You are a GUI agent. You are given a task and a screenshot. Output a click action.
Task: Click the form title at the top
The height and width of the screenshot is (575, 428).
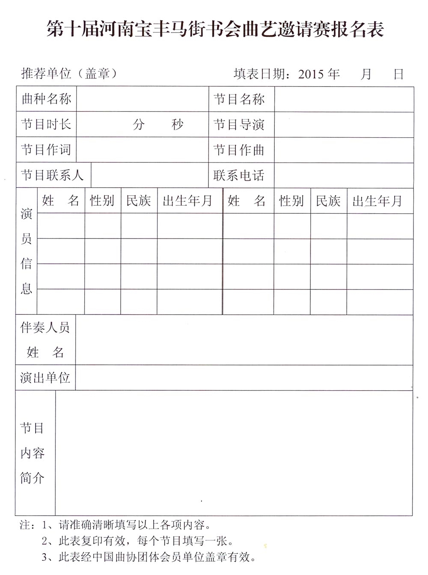(x=215, y=29)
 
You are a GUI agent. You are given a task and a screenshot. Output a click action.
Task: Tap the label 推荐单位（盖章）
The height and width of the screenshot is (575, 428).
(x=69, y=74)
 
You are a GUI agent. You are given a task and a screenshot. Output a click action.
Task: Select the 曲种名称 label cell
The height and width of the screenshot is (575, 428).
(x=46, y=99)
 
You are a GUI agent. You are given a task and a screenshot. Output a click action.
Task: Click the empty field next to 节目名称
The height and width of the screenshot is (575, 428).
(x=344, y=99)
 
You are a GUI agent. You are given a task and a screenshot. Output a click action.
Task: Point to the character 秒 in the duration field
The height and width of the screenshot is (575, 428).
(x=178, y=124)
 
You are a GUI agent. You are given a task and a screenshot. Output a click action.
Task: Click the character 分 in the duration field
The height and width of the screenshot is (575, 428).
(x=139, y=124)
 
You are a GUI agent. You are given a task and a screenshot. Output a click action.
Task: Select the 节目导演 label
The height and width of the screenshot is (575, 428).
(x=239, y=124)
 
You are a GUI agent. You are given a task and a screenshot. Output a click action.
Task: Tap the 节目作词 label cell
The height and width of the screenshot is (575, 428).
(x=46, y=150)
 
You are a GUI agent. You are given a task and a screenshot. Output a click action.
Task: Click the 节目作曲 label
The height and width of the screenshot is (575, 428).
(x=239, y=150)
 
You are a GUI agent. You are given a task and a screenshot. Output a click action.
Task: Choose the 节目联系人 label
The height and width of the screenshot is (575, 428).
(x=52, y=175)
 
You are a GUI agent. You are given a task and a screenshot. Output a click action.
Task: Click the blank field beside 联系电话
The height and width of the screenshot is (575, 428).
(x=344, y=175)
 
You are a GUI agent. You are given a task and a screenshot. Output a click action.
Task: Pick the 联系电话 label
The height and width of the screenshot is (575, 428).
(x=239, y=175)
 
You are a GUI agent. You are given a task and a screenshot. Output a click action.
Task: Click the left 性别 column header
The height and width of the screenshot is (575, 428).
(x=102, y=200)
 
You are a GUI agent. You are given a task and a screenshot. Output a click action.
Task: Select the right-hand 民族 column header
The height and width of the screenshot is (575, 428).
(x=328, y=201)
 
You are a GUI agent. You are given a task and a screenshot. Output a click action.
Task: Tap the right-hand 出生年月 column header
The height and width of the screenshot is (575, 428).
(x=377, y=201)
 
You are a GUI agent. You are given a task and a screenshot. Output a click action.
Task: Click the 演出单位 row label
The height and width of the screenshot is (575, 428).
(x=45, y=377)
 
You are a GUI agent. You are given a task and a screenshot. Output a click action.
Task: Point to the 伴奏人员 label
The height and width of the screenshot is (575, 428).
(x=45, y=328)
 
